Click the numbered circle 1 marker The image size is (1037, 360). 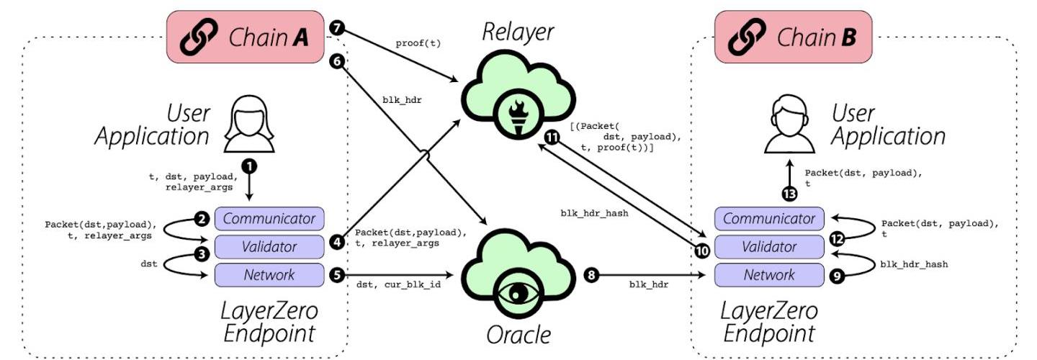(250, 165)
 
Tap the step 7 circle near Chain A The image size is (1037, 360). (336, 28)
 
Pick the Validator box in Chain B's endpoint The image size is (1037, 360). (769, 247)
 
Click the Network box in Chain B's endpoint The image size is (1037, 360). (769, 274)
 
